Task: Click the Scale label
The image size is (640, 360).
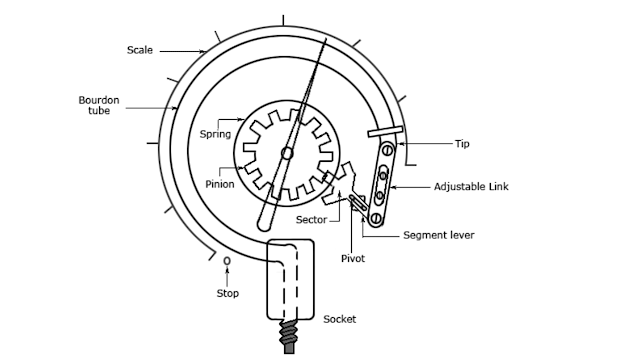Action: pos(140,49)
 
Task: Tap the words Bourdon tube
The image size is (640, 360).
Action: pos(96,106)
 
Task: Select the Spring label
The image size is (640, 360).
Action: pos(215,133)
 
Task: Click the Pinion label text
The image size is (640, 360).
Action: pos(220,184)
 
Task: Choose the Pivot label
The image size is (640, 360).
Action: pos(352,258)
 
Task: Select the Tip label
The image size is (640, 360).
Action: pos(462,144)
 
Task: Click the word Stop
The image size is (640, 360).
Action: pos(228,294)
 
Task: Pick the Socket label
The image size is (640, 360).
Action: pos(340,320)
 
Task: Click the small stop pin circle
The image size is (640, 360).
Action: pos(227,262)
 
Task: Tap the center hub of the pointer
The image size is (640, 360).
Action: pos(287,153)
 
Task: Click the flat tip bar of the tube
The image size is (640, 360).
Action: pos(386,131)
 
